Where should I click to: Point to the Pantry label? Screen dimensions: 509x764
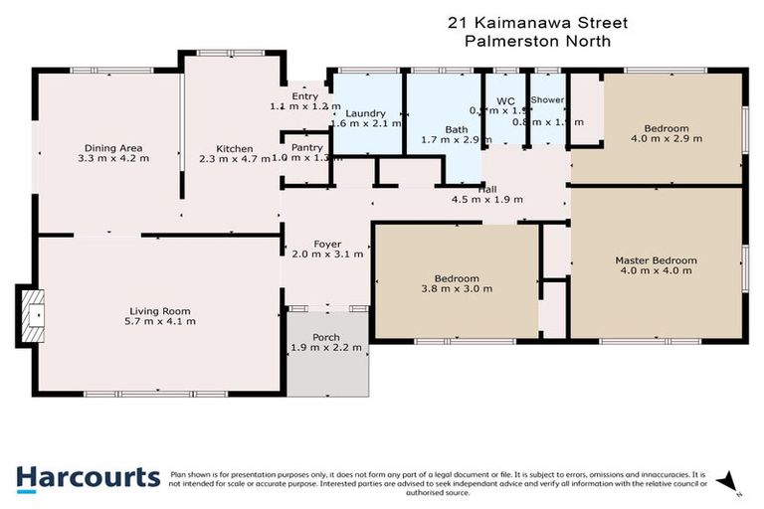(x=306, y=146)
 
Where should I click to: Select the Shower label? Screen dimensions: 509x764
(x=547, y=100)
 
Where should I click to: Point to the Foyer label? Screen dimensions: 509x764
(x=327, y=244)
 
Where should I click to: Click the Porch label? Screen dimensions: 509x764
(x=326, y=337)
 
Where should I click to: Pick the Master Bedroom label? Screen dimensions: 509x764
(x=656, y=259)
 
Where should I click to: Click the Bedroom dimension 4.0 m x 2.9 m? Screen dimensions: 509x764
(x=666, y=139)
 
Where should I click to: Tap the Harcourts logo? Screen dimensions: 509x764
(x=88, y=477)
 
